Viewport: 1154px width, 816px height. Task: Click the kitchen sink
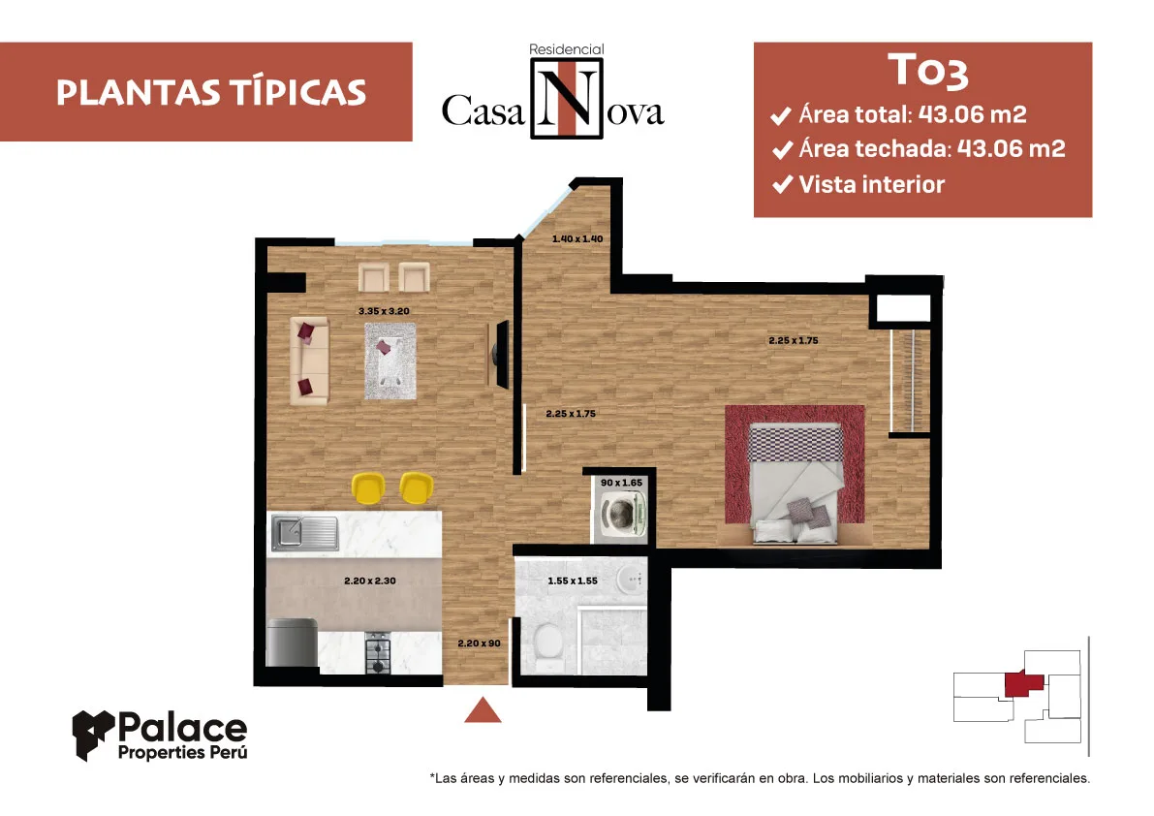point(304,533)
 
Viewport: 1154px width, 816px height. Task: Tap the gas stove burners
point(378,652)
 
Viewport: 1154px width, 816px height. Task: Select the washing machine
point(622,513)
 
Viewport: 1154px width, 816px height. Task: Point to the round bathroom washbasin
point(631,580)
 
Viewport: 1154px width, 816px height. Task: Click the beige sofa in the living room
point(309,361)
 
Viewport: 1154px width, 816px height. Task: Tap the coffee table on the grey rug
point(390,361)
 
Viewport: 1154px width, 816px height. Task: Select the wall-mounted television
point(501,354)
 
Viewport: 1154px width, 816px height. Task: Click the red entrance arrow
point(483,709)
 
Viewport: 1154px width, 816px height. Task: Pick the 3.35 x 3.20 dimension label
point(384,311)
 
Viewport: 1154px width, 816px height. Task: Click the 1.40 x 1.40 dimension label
point(577,239)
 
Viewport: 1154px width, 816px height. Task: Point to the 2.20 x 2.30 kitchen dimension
point(370,581)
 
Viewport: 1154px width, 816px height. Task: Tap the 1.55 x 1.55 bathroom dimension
point(573,581)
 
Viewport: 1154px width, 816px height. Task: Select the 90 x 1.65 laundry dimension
point(622,483)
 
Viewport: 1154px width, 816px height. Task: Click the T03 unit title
point(928,71)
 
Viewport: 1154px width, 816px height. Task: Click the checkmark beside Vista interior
point(782,184)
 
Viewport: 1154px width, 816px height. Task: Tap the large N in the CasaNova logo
point(567,98)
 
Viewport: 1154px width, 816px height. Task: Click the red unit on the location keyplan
point(1024,683)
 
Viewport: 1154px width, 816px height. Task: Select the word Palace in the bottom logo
point(182,729)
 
